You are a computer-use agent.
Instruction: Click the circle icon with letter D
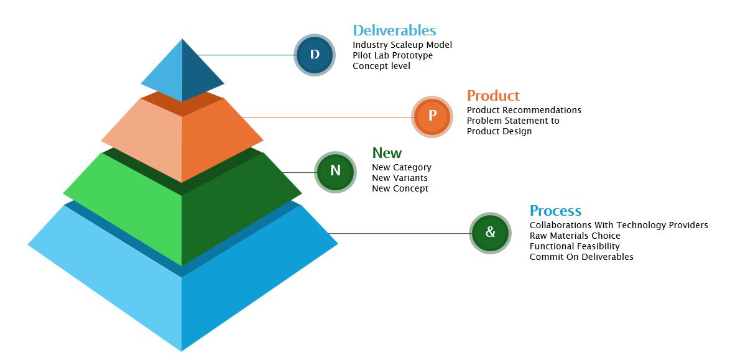[x=315, y=55]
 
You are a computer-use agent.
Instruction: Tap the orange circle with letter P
[x=432, y=116]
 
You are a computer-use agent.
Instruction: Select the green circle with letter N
[x=335, y=172]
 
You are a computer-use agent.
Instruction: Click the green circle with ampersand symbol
[x=490, y=233]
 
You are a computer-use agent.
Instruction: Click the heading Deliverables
[x=394, y=30]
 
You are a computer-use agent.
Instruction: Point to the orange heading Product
[x=493, y=96]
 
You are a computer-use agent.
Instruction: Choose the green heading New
[x=387, y=153]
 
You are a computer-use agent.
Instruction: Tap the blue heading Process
[x=555, y=211]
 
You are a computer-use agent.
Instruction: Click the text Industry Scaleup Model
[x=402, y=45]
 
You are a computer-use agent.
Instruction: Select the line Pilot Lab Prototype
[x=392, y=55]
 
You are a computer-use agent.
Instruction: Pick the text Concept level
[x=381, y=66]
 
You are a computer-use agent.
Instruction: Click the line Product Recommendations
[x=524, y=110]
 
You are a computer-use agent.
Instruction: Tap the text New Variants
[x=399, y=178]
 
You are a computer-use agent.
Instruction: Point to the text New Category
[x=401, y=167]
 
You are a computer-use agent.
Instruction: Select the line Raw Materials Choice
[x=575, y=236]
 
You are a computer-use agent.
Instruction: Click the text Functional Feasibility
[x=575, y=246]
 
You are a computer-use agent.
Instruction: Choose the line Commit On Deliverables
[x=581, y=257]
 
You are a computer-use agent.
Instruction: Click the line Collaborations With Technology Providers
[x=619, y=225]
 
